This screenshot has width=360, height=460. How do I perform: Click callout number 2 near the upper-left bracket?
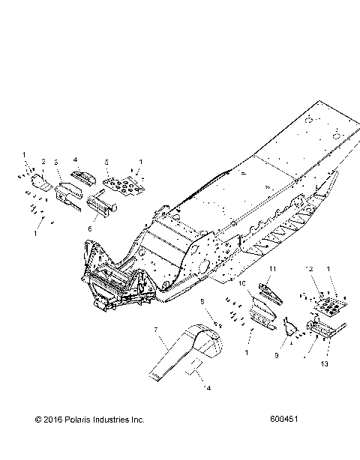click(x=43, y=162)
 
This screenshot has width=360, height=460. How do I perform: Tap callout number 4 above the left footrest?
click(x=76, y=160)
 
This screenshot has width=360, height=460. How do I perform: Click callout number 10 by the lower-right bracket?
click(x=243, y=285)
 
